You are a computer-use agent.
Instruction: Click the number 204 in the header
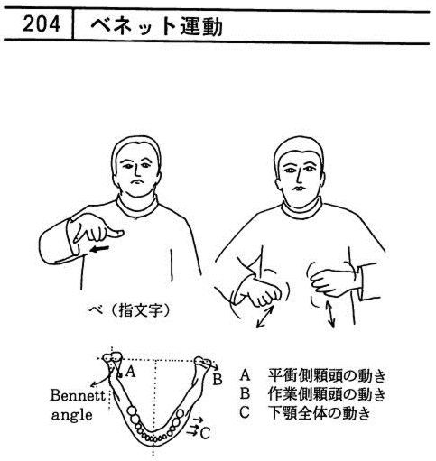(42, 24)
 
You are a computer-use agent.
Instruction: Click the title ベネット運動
(156, 26)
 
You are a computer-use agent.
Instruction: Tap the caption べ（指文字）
(130, 309)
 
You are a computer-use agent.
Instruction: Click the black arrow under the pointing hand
(100, 249)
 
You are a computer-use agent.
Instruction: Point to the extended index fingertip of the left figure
(122, 233)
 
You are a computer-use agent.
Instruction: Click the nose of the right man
(299, 177)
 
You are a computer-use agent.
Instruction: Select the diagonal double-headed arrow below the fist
(265, 317)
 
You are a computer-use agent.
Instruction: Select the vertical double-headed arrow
(330, 315)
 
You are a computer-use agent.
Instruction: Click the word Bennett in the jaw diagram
(78, 395)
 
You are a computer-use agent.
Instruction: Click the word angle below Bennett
(71, 415)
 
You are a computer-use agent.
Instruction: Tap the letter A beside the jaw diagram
(130, 372)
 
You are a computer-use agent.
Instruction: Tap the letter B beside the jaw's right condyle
(218, 380)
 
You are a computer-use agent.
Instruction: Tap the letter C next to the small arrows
(205, 433)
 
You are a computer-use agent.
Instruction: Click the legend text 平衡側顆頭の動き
(327, 376)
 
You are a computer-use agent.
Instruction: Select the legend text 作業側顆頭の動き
(327, 394)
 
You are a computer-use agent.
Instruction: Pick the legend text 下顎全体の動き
(320, 413)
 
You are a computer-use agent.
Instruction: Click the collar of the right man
(301, 209)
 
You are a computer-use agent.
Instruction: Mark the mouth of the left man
(136, 181)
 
